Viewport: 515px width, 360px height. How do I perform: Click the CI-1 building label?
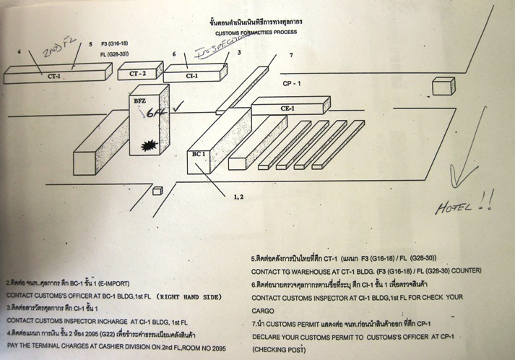191,75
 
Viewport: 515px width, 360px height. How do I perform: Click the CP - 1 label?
293,84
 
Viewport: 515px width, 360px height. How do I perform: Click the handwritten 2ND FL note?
58,53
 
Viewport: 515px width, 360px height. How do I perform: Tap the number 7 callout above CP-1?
290,56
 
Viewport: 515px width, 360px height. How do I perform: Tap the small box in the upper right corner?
441,87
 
